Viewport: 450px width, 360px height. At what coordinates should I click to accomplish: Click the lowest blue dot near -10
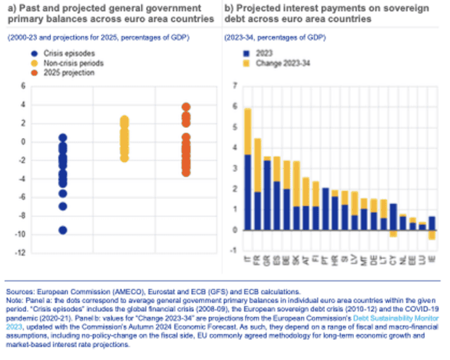(x=62, y=230)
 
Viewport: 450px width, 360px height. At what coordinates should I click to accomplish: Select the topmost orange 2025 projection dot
(x=186, y=107)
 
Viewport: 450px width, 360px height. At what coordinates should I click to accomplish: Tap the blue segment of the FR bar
(x=258, y=211)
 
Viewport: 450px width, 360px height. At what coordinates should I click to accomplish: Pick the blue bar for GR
(x=268, y=195)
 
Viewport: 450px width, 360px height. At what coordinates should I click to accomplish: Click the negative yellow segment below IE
(x=433, y=235)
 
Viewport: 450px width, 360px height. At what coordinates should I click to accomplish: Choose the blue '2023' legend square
(x=246, y=53)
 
